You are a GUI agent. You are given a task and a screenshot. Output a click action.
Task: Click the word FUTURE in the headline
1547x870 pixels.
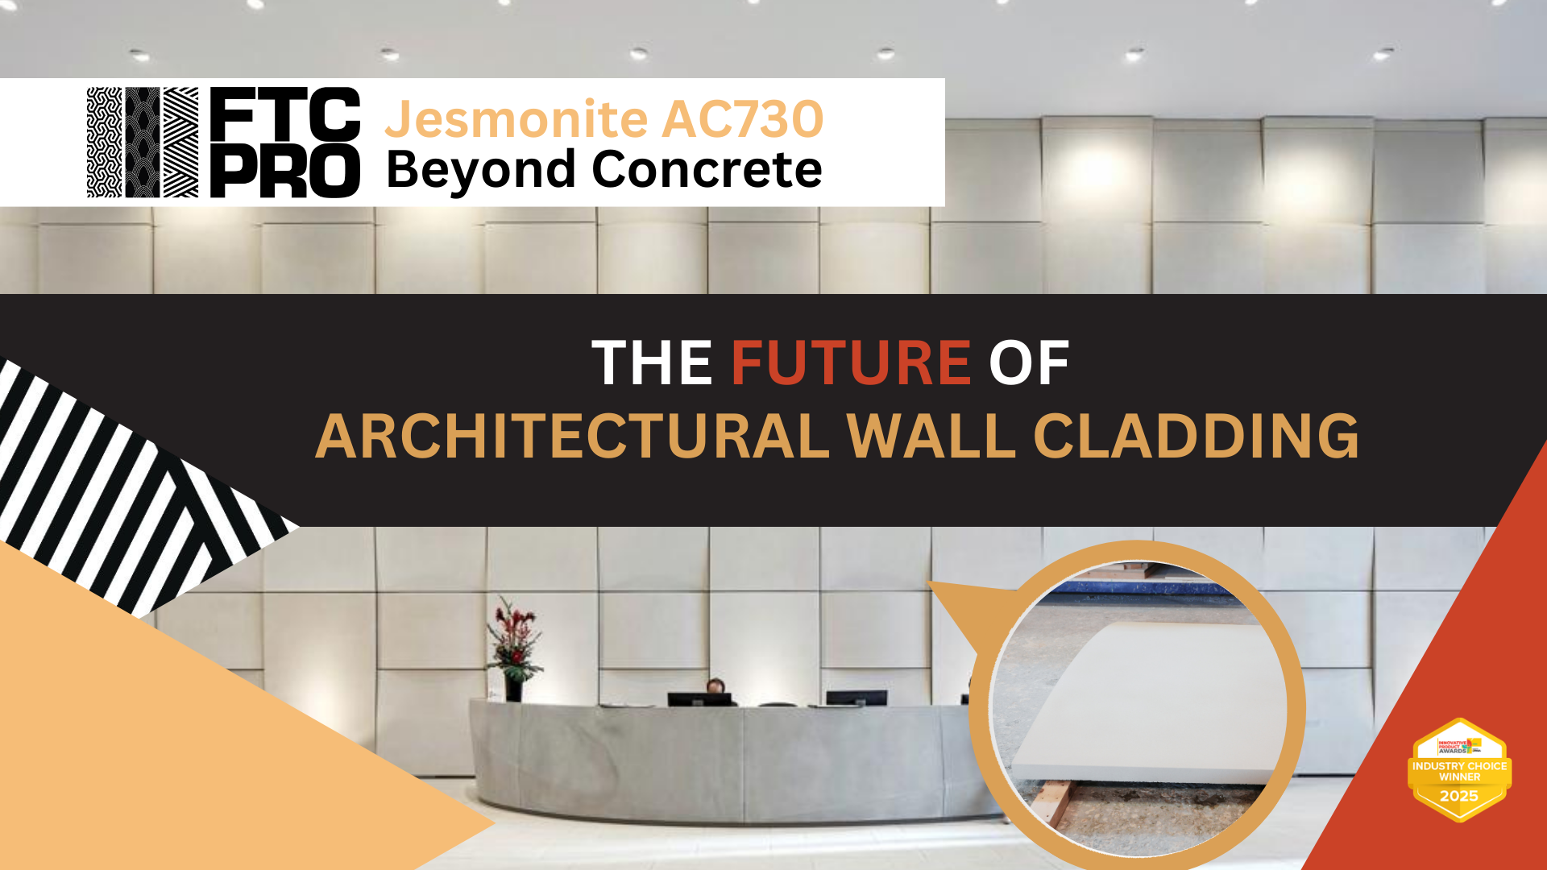point(850,362)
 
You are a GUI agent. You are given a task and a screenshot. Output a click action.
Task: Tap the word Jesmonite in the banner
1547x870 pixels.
point(516,119)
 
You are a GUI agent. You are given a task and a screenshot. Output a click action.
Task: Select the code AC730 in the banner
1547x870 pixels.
point(743,119)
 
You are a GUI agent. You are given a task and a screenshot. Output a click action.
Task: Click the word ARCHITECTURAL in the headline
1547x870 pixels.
point(572,437)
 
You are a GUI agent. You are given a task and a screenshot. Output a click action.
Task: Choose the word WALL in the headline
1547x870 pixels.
point(931,437)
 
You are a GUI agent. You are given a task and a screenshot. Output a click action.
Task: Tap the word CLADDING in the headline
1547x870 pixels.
point(1196,437)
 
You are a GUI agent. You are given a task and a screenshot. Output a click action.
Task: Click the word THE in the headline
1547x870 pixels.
point(652,362)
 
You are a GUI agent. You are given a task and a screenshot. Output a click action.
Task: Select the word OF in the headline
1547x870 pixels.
point(1029,362)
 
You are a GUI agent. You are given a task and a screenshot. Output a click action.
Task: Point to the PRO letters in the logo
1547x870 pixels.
point(285,172)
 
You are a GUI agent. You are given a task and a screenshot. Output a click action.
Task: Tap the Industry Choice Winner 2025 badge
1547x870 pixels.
point(1459,770)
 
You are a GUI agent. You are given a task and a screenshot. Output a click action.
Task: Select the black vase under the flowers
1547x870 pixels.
point(513,690)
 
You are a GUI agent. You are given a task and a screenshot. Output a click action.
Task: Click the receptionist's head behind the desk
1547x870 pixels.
point(715,686)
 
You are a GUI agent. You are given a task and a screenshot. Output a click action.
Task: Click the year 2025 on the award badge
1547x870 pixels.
point(1459,796)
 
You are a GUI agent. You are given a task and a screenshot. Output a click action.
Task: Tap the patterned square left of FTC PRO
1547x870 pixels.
point(143,143)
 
